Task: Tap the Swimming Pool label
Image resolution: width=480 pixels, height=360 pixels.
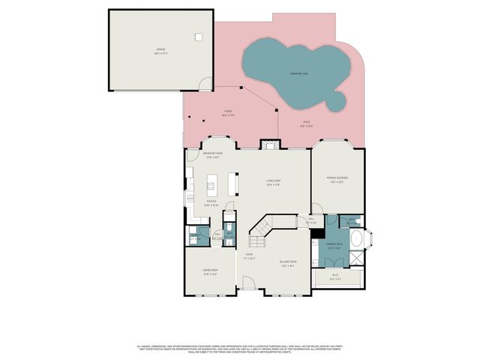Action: click(301, 73)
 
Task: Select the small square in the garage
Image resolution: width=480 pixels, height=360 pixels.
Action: click(199, 37)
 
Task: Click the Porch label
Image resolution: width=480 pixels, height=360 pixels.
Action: click(226, 114)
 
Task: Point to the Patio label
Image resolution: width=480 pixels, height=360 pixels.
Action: click(307, 123)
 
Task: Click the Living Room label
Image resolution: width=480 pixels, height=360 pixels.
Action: click(273, 181)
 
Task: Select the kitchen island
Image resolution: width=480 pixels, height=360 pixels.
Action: click(213, 184)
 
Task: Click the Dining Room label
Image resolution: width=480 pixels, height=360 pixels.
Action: click(209, 272)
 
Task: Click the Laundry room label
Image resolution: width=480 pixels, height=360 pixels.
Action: click(193, 238)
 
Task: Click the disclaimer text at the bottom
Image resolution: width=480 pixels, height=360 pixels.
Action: click(240, 349)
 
